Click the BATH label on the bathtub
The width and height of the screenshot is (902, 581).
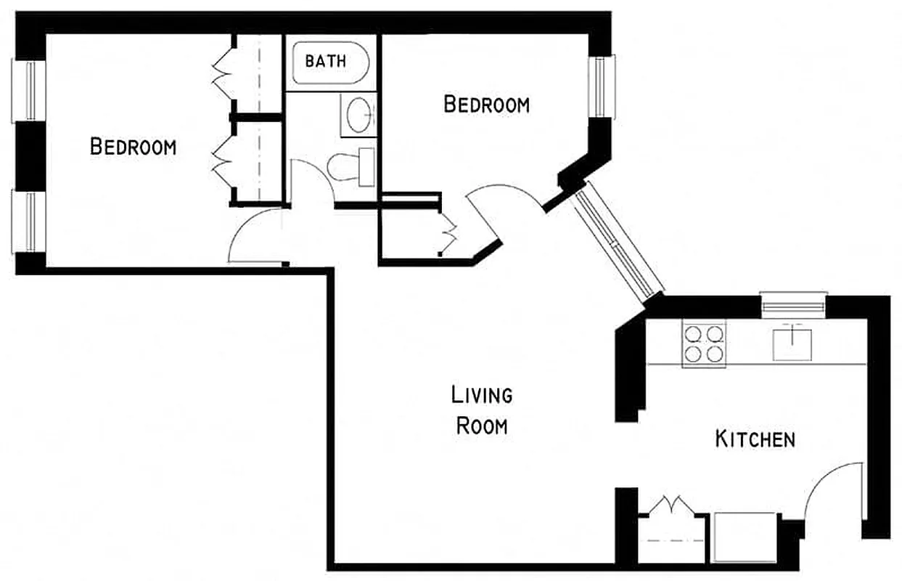coord(326,62)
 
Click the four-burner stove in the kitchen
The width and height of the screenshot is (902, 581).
coord(704,344)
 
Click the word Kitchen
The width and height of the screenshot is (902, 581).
coord(755,439)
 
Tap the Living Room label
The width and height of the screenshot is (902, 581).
coord(482,410)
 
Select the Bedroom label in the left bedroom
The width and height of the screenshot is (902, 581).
coord(133,147)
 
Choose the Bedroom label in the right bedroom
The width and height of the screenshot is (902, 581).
coord(486,105)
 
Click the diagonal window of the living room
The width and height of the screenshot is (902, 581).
coord(618,244)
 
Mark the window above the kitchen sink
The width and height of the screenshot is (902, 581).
coord(793,304)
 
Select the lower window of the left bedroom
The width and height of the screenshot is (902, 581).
coord(29,222)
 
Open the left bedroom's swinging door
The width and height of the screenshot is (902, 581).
coord(254,236)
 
